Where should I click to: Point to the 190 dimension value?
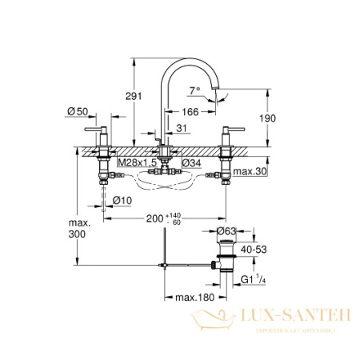(267, 118)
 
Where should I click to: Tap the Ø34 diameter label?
(191, 163)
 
